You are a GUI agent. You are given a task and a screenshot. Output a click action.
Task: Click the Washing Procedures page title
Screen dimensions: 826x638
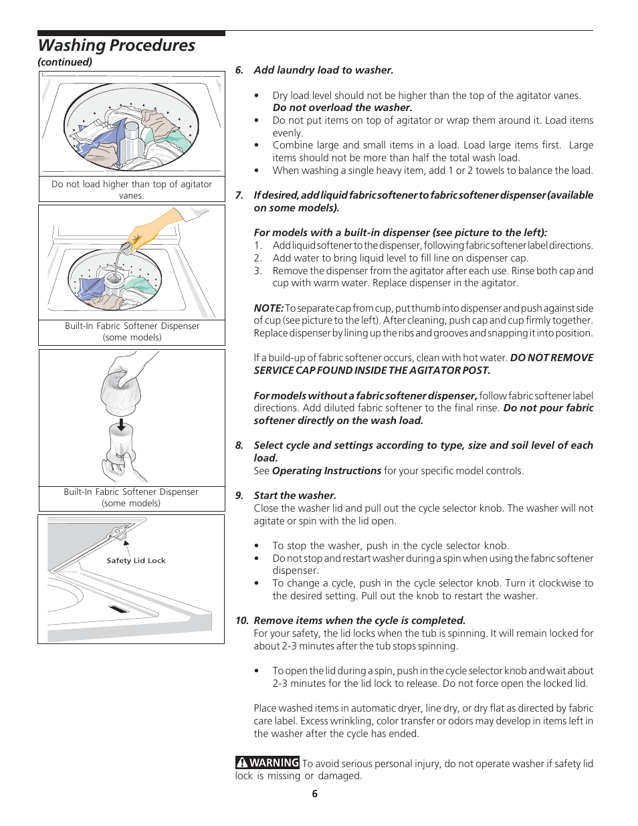116,45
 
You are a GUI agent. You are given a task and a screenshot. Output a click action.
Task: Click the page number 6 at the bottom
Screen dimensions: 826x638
315,794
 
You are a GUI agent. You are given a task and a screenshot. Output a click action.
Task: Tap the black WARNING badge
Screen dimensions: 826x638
268,762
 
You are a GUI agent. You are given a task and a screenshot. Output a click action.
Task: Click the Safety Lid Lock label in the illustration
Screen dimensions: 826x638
136,560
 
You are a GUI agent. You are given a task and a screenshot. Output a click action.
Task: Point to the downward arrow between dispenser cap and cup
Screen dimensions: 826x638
121,425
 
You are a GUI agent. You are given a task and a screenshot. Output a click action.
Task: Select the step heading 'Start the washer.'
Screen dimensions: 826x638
295,496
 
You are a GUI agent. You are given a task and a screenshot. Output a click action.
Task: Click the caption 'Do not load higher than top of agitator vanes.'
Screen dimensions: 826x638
132,189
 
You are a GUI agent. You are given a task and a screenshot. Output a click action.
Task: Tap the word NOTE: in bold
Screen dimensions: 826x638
269,308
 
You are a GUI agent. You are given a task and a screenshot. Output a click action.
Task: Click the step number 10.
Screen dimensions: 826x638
241,621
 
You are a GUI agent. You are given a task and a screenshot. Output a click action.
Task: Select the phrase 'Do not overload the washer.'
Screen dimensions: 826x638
342,108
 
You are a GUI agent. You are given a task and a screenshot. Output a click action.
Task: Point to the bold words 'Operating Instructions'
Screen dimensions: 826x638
326,471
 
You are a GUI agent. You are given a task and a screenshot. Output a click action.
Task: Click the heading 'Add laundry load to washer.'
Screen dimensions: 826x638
324,70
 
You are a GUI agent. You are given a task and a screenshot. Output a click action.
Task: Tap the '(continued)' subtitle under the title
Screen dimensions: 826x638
65,62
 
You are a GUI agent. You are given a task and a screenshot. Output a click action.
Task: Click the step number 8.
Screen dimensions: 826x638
239,445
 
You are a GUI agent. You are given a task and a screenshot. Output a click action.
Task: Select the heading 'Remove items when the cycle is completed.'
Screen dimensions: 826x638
360,621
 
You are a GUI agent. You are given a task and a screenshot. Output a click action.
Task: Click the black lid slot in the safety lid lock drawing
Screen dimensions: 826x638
118,609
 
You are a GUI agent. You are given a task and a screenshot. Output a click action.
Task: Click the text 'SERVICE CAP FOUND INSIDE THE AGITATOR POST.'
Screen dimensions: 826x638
372,371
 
